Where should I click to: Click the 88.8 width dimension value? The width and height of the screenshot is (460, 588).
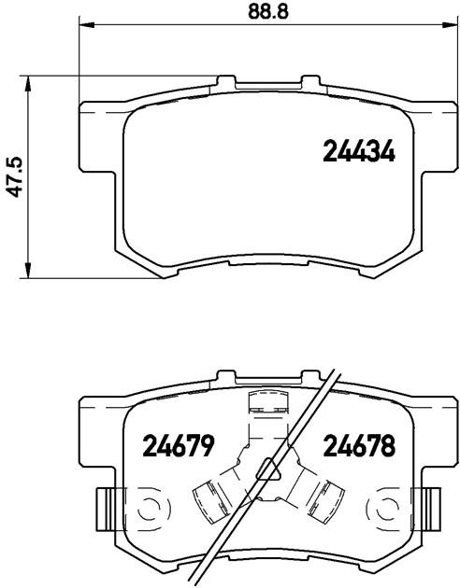point(268,11)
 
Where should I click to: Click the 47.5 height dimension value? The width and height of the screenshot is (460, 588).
point(16,177)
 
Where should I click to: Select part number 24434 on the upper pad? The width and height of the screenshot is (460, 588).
point(359,151)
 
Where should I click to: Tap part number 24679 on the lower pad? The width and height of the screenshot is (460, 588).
point(178,446)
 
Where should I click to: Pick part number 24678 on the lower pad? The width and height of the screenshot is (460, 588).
point(359,446)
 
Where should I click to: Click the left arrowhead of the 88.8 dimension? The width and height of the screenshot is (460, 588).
point(87,25)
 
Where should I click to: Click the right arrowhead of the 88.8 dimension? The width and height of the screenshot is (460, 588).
point(447,25)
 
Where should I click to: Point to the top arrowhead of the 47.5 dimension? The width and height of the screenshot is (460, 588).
point(27,83)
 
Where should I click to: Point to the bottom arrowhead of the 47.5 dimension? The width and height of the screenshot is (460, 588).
point(27,271)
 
